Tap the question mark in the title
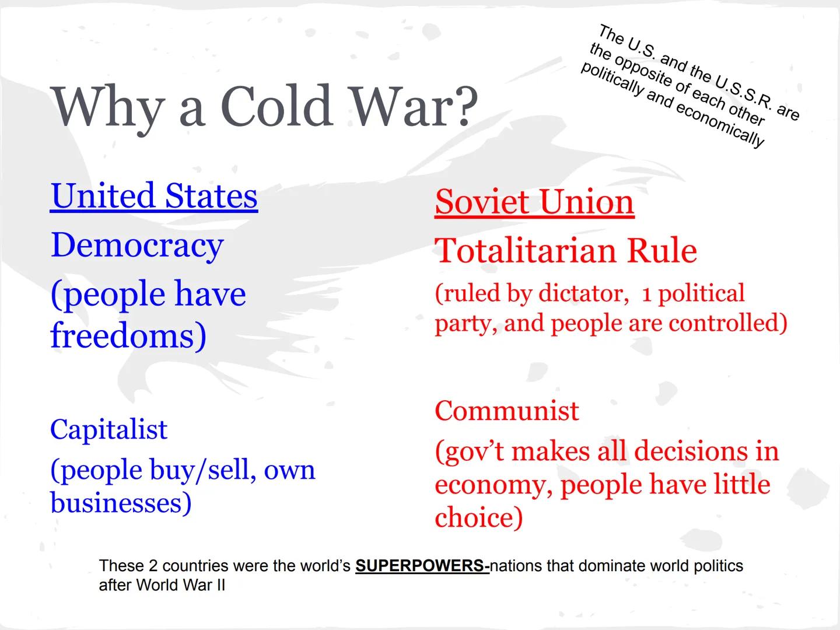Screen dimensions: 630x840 [x=464, y=106]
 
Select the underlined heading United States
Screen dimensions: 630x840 [x=154, y=195]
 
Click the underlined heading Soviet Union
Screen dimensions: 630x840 [x=534, y=202]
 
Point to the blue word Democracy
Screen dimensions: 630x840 [x=137, y=245]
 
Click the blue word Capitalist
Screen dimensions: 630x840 [x=108, y=429]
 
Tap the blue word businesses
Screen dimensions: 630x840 [x=120, y=503]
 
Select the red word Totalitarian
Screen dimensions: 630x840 [x=525, y=251]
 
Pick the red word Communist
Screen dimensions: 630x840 [x=507, y=411]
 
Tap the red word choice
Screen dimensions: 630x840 [x=478, y=517]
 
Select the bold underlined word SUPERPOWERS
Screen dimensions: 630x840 [x=421, y=566]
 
